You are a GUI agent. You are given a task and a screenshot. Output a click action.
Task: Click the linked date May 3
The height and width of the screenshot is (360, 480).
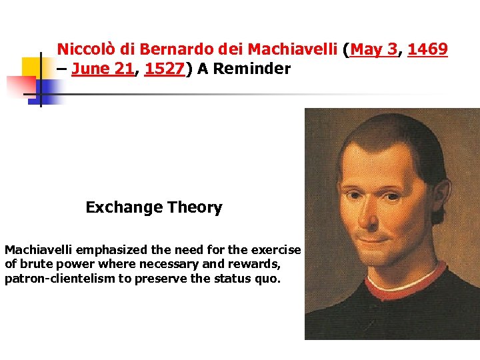click(x=375, y=49)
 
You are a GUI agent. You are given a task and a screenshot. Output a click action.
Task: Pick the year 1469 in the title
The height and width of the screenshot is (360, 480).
click(x=427, y=49)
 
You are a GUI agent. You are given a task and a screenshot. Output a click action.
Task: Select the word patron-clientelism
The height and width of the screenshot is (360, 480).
click(x=59, y=278)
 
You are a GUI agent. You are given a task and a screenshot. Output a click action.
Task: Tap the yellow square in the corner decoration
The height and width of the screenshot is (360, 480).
click(x=31, y=67)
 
